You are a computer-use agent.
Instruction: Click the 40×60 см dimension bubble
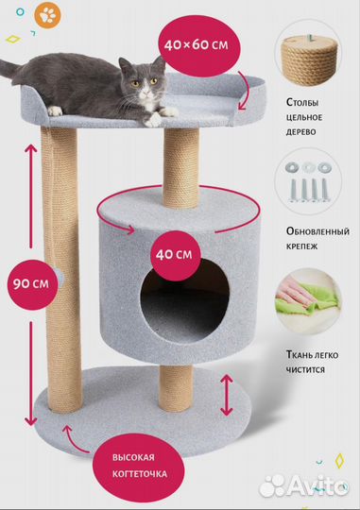[195, 43]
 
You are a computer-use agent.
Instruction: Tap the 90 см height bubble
[28, 281]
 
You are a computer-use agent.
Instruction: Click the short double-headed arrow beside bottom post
[226, 394]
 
